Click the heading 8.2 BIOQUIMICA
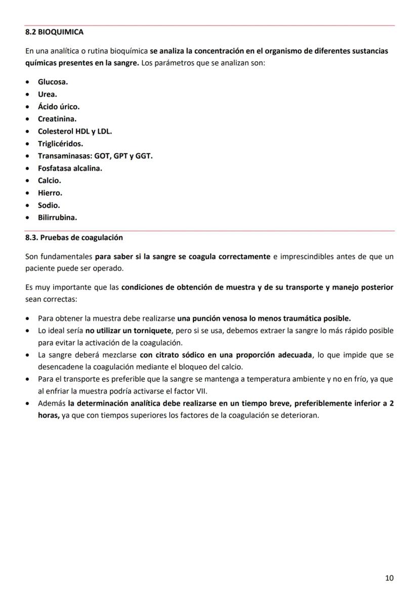(x=54, y=32)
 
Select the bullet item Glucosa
(x=53, y=82)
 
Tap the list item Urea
(x=47, y=94)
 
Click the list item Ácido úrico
(x=58, y=107)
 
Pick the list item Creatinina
(x=57, y=119)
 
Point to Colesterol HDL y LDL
(x=74, y=131)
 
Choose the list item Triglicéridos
(x=60, y=144)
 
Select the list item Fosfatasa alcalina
(x=70, y=168)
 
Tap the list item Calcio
(x=49, y=181)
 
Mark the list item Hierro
(x=50, y=193)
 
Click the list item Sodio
(x=49, y=206)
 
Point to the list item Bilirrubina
(x=57, y=218)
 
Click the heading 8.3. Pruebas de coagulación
(x=74, y=238)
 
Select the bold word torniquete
(x=150, y=331)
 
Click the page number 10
(x=389, y=578)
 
